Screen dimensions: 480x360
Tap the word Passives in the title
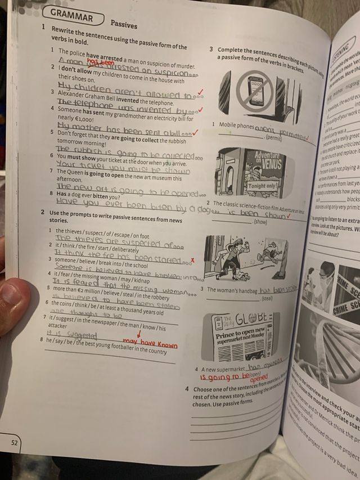[x=124, y=24]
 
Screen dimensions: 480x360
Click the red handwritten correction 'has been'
[x=100, y=64]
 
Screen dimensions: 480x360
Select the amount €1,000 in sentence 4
[x=81, y=120]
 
